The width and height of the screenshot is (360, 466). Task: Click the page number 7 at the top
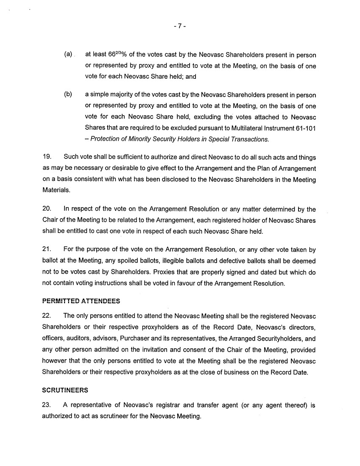180,26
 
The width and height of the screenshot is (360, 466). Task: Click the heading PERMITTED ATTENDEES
81,301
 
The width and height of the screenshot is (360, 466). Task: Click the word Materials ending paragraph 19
56,191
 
